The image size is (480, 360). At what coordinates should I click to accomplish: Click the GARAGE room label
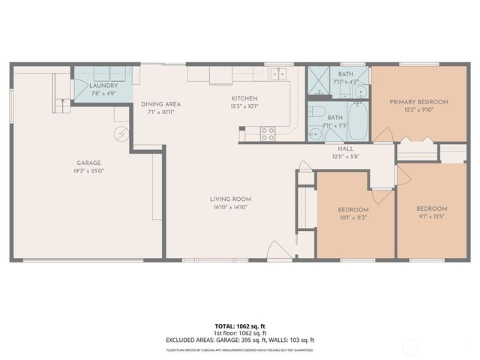tap(88, 163)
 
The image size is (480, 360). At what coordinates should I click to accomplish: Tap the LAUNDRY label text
tap(103, 86)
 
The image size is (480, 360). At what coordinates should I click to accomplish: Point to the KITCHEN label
tap(244, 98)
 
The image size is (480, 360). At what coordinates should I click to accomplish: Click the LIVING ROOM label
tap(229, 199)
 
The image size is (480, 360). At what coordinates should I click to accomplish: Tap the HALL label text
tap(346, 149)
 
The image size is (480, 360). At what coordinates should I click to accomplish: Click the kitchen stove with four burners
tap(267, 133)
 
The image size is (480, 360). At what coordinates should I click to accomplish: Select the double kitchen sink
tap(278, 73)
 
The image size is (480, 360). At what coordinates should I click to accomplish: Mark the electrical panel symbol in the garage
tap(118, 134)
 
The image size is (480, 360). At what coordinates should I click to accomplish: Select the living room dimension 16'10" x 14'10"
tap(229, 208)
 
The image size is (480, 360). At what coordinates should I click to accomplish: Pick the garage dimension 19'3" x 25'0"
tap(88, 171)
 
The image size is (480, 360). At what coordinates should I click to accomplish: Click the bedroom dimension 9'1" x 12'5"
tap(431, 217)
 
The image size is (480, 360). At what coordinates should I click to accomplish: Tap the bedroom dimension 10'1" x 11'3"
tap(352, 218)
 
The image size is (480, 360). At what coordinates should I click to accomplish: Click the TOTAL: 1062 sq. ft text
tap(239, 326)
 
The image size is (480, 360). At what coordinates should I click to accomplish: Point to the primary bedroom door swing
tap(384, 135)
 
